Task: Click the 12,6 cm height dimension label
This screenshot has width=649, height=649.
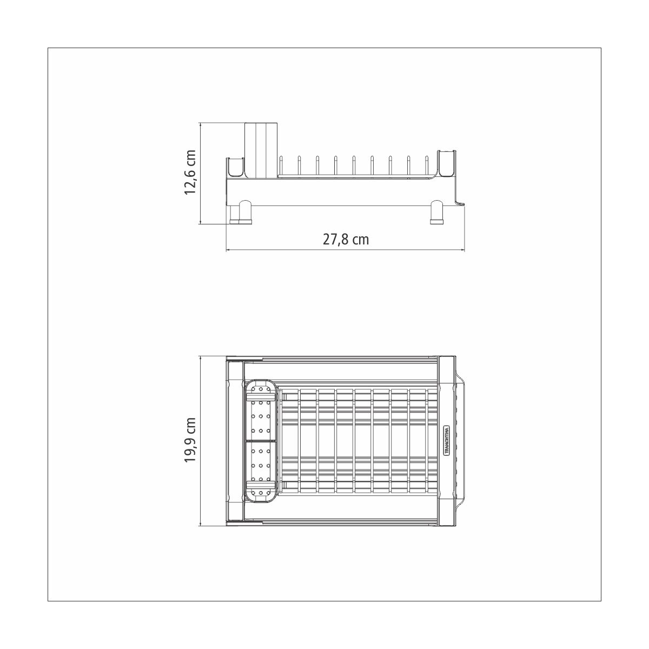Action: [190, 173]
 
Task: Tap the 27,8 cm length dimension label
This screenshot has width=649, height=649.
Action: [346, 239]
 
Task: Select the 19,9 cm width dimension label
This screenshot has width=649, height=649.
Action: [190, 439]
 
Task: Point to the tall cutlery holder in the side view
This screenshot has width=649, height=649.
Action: [260, 150]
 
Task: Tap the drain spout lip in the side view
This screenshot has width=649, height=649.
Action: [460, 202]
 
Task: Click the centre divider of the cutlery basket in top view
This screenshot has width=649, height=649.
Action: [262, 441]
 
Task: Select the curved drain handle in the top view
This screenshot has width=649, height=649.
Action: [461, 440]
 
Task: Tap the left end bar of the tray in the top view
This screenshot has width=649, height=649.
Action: [235, 440]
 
